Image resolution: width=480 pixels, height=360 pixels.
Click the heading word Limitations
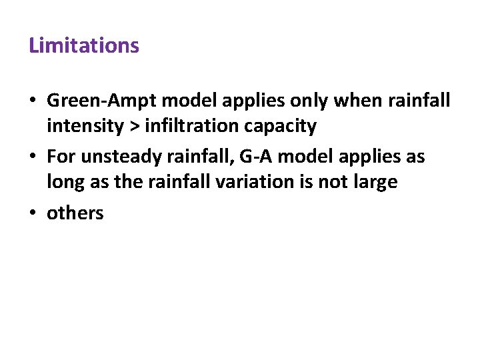[84, 46]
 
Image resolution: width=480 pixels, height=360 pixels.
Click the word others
[75, 214]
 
